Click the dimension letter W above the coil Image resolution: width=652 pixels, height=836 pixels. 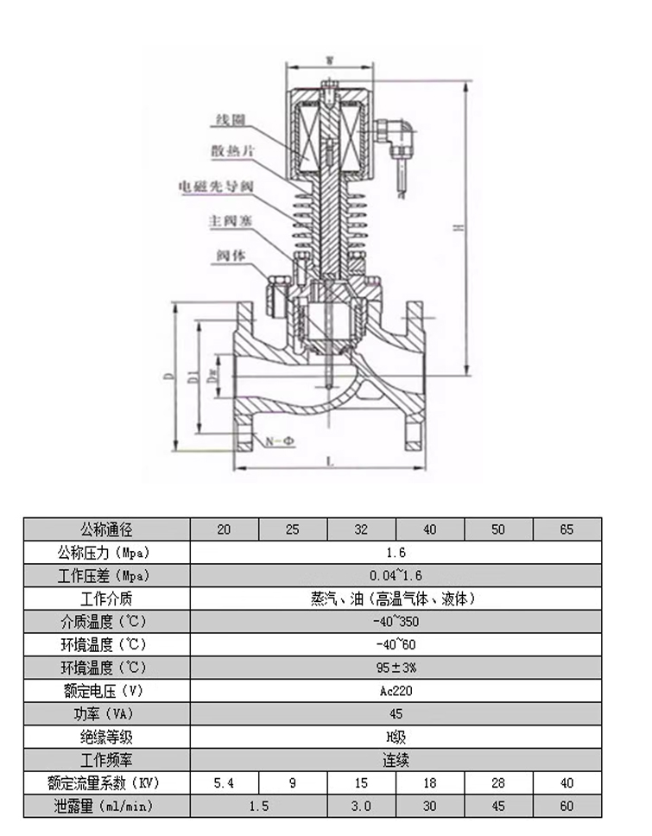coord(330,60)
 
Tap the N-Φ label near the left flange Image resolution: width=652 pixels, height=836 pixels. coord(279,441)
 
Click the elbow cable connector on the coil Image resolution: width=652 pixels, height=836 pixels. coord(401,133)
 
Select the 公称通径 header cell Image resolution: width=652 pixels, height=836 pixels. coord(106,529)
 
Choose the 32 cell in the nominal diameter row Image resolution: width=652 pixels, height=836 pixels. coord(361,529)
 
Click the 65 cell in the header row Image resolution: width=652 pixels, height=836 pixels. coord(567,529)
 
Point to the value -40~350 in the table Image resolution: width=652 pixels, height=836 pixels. coord(396,622)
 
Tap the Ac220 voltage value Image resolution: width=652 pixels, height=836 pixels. coord(396,691)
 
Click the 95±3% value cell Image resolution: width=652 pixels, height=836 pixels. coord(396,668)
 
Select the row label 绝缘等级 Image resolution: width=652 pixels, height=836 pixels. coord(106,737)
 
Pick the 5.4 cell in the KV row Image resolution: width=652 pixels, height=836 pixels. coord(224,783)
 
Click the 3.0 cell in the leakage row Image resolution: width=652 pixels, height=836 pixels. coord(361,806)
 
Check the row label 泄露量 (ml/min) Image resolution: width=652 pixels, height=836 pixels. coord(106,806)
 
